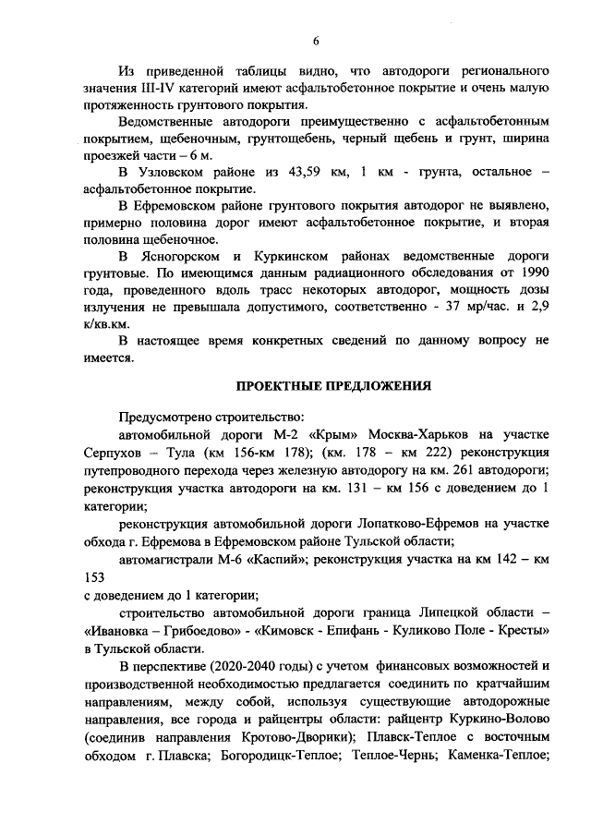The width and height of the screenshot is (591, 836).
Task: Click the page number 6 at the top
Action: pyautogui.click(x=316, y=40)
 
